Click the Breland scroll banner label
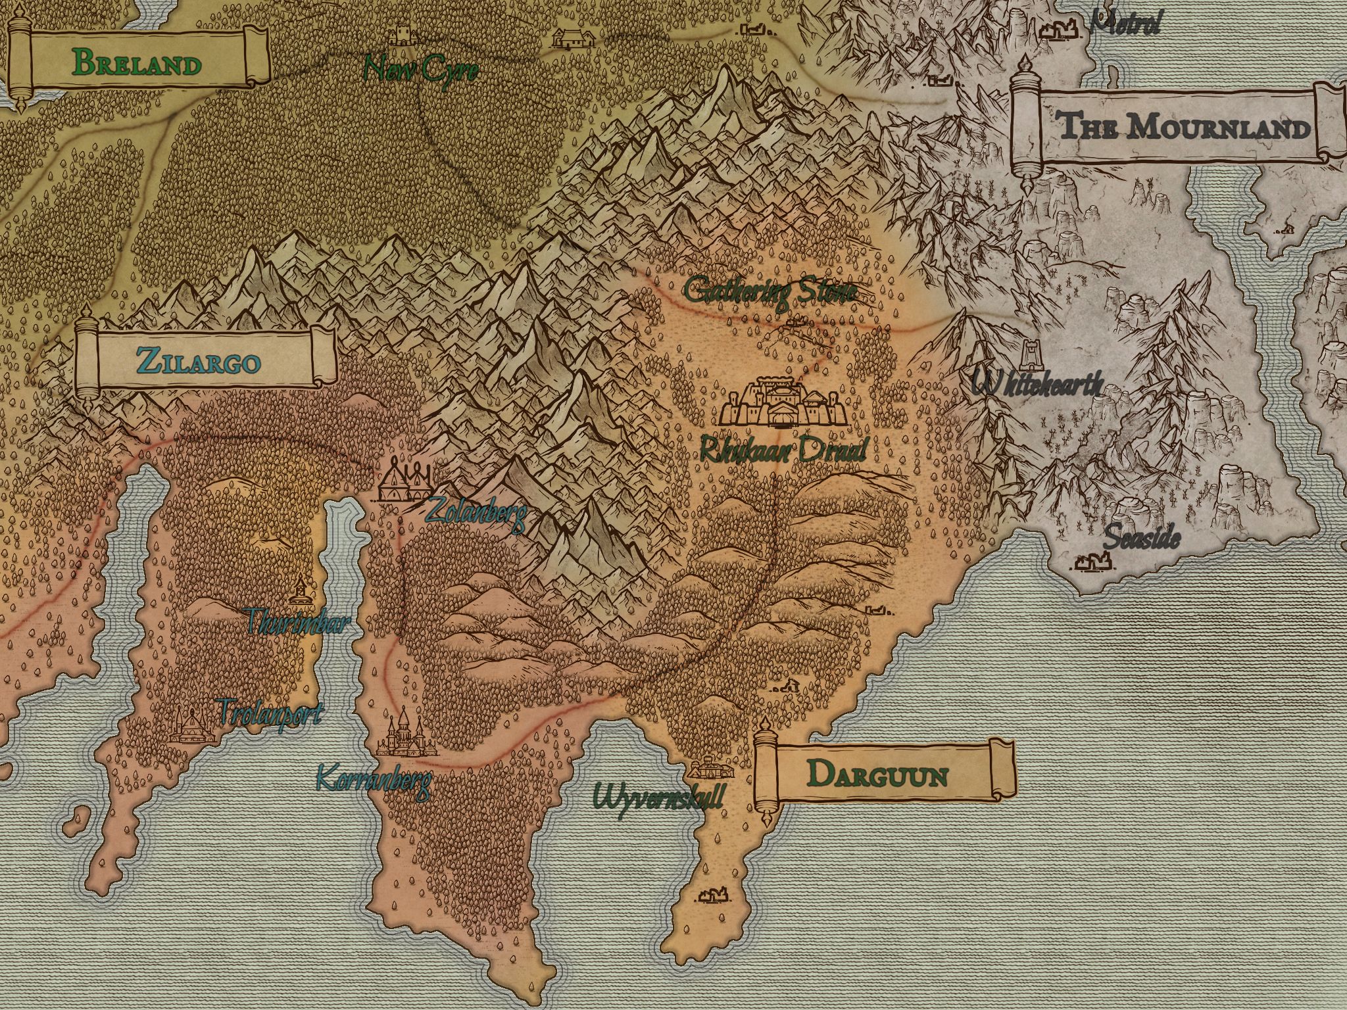click(x=137, y=63)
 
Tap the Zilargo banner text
click(x=198, y=361)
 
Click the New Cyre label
click(x=421, y=69)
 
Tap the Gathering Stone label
click(x=770, y=291)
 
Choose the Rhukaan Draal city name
click(x=783, y=450)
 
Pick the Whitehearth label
click(x=1037, y=383)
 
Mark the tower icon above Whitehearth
click(x=1029, y=355)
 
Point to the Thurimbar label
click(x=295, y=621)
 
